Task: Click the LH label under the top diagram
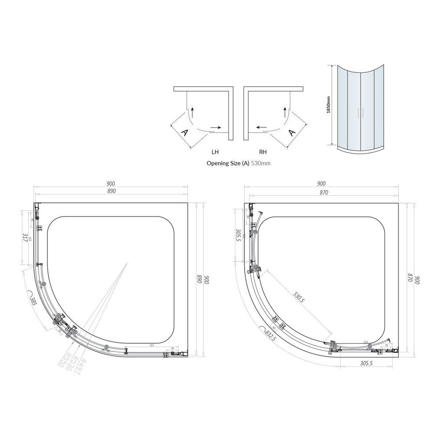tap(215, 152)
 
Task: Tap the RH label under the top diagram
tap(263, 152)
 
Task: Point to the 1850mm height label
tap(328, 106)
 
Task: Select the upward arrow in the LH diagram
tap(192, 111)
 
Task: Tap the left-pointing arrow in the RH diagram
tap(261, 128)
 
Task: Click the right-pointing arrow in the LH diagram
tap(216, 128)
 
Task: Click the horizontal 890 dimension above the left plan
tap(111, 192)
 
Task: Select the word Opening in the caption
tap(217, 163)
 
